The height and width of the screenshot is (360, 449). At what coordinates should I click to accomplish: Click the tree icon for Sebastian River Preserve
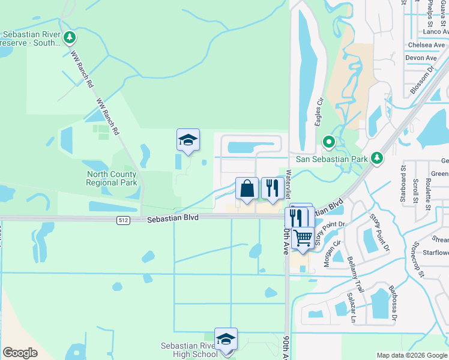[71, 38]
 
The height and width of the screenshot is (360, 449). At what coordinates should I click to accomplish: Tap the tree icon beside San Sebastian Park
[376, 158]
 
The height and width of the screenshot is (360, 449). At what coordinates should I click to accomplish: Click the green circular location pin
[329, 142]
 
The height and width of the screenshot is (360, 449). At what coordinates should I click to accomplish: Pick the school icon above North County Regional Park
[188, 140]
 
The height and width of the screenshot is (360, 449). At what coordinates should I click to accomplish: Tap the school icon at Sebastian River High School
[226, 339]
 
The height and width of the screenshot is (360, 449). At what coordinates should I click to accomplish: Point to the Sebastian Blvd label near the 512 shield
[172, 220]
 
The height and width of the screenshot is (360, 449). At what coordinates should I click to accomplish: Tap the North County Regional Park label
[112, 178]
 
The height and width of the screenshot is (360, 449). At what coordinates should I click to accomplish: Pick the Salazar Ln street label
[352, 308]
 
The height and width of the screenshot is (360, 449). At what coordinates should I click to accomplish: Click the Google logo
[20, 353]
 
